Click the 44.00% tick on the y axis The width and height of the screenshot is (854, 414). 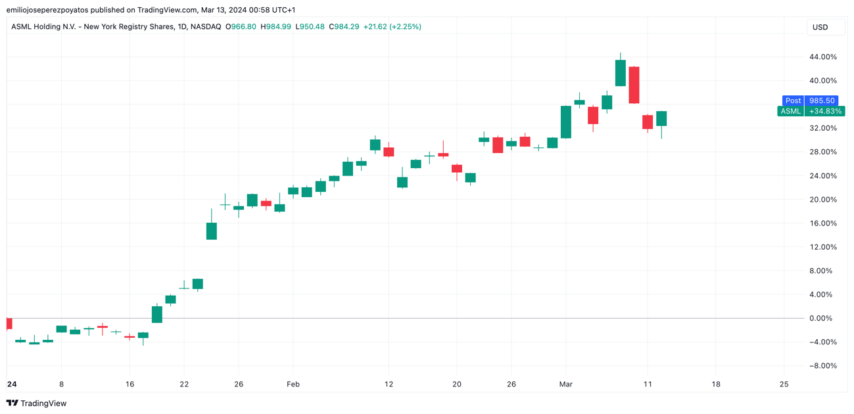click(x=822, y=57)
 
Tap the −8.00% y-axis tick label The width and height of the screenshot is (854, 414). click(x=822, y=366)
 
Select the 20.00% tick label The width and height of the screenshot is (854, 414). click(x=822, y=200)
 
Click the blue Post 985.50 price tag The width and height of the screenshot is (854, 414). click(x=810, y=101)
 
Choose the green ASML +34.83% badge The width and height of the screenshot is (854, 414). click(x=810, y=111)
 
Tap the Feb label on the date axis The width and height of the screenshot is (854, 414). click(x=293, y=384)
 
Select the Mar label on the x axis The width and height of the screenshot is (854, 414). click(x=565, y=384)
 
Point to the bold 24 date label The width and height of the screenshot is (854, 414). click(x=11, y=384)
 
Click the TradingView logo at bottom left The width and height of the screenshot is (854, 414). click(x=37, y=403)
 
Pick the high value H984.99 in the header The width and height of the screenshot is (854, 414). click(x=276, y=27)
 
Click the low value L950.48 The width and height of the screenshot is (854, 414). click(x=310, y=27)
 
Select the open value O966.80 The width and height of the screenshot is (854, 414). click(x=241, y=27)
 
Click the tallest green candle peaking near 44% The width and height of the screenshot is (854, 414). click(x=620, y=73)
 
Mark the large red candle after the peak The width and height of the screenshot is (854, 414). click(x=634, y=85)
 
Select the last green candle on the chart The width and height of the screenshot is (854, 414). click(x=661, y=118)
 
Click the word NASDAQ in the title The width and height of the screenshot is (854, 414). click(x=206, y=27)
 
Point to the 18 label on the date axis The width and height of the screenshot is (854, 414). click(x=715, y=384)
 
